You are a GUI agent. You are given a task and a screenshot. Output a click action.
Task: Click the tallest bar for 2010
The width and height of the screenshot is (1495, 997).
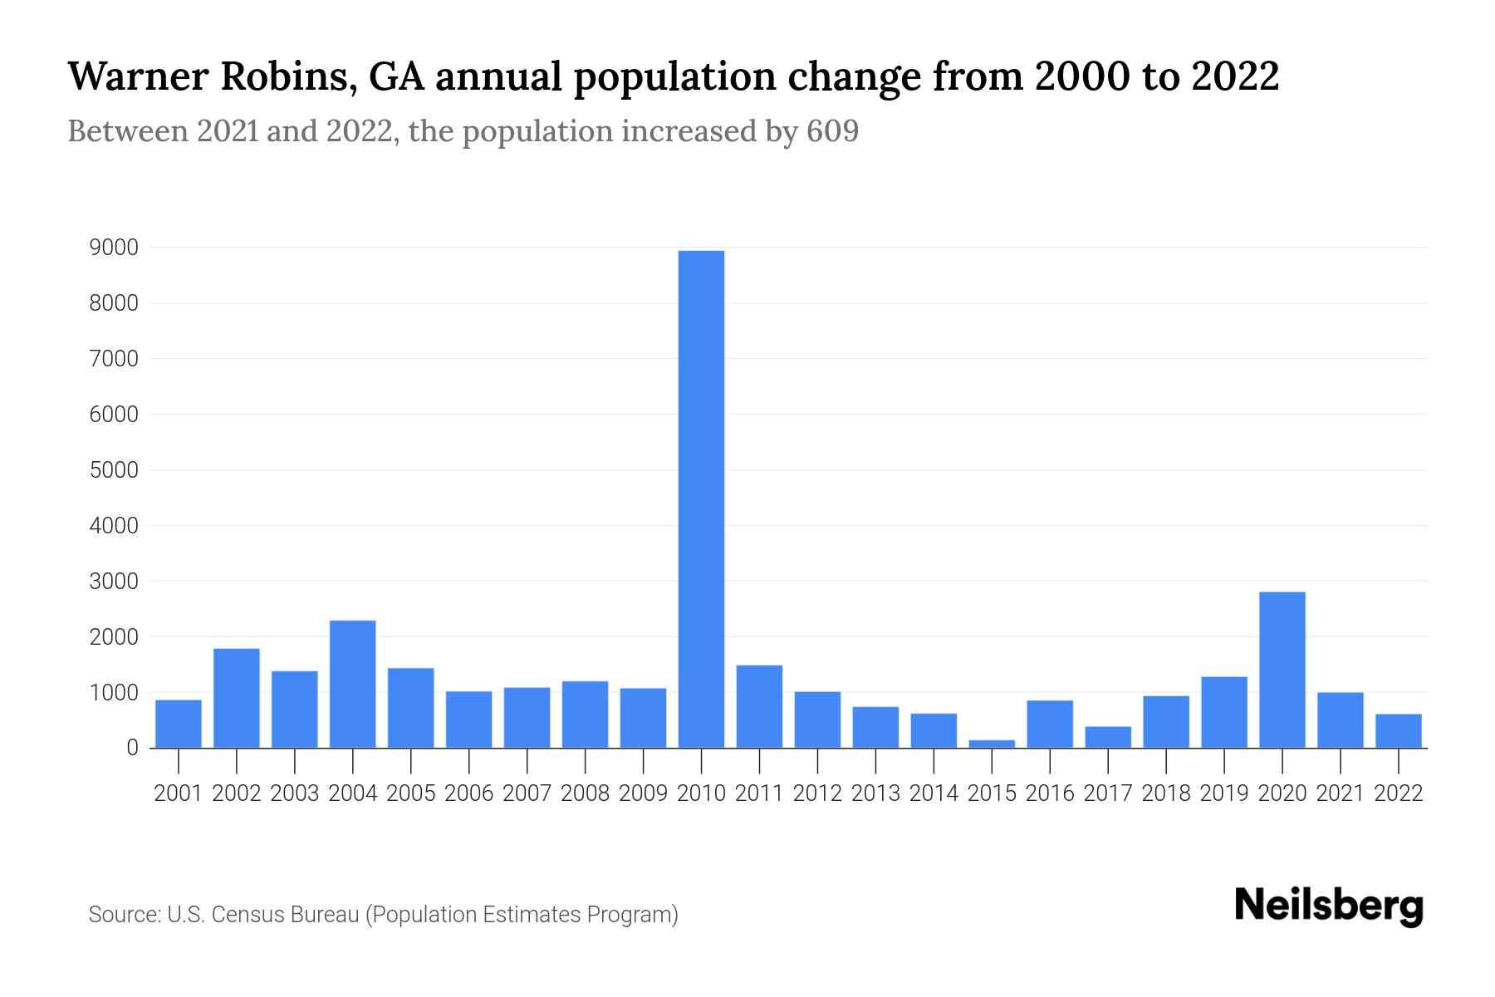click(x=701, y=498)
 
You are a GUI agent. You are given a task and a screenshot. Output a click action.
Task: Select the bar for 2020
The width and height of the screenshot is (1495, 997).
click(x=1282, y=670)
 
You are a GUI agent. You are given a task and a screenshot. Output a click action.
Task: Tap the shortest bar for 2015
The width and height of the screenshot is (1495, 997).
click(x=992, y=744)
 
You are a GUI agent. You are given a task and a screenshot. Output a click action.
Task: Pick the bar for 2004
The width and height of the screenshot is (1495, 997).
click(x=352, y=684)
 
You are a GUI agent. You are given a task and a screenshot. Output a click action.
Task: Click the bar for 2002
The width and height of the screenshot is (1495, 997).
click(x=237, y=698)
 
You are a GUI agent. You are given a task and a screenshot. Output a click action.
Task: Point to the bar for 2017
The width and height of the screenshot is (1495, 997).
click(x=1108, y=737)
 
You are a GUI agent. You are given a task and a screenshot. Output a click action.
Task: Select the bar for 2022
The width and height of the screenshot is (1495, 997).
click(x=1398, y=731)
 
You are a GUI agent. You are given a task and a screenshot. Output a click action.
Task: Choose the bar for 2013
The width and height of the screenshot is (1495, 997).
click(x=875, y=727)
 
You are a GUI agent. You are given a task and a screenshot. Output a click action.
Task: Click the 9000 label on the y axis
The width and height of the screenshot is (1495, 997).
click(x=113, y=248)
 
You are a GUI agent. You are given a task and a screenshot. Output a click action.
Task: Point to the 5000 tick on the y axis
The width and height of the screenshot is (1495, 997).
click(x=113, y=470)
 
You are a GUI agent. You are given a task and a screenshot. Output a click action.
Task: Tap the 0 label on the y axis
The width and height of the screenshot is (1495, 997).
click(x=132, y=748)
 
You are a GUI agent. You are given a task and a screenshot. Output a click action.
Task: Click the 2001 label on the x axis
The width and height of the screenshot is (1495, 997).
click(x=179, y=793)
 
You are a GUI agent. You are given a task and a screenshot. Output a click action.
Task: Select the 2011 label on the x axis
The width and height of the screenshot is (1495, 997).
click(x=759, y=793)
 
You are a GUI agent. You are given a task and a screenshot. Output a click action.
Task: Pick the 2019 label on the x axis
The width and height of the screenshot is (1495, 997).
click(x=1223, y=793)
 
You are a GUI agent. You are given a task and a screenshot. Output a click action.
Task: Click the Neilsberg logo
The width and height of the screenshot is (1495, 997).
click(x=1329, y=906)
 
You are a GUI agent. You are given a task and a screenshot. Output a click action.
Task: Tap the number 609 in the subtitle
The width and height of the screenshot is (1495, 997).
click(x=832, y=131)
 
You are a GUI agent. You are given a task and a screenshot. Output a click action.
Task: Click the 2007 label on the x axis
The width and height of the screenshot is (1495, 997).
click(x=527, y=793)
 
